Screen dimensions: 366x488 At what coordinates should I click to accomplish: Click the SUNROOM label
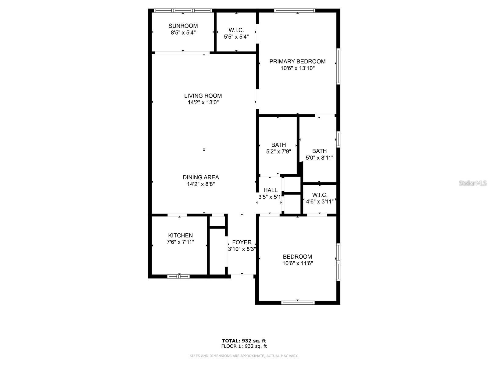[x=183, y=26]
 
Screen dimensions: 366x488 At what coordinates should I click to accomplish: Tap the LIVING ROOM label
[x=203, y=96]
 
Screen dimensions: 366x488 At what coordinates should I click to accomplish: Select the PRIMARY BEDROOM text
[x=297, y=61]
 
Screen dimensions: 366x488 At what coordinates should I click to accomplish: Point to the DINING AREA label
[x=201, y=177]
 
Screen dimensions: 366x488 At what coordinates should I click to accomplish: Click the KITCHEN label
[x=180, y=235]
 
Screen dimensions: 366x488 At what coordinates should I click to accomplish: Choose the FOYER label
[x=242, y=242]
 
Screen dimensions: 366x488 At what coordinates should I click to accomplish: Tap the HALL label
[x=271, y=190]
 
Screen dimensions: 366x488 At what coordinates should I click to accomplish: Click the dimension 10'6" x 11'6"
[x=297, y=264]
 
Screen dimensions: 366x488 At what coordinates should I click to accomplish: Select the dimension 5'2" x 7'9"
[x=278, y=152]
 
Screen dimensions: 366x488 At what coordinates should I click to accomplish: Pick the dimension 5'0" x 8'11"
[x=319, y=158]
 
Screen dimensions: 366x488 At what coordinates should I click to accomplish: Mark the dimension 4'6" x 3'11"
[x=320, y=202]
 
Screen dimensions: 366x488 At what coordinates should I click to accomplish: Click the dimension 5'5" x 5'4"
[x=236, y=37]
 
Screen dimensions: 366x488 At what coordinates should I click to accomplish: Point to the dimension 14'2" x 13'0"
[x=203, y=103]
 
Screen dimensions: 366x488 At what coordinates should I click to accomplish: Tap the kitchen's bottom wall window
[x=178, y=276]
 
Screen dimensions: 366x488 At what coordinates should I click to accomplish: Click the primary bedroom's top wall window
[x=294, y=11]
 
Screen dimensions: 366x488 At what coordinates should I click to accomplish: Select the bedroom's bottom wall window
[x=298, y=303]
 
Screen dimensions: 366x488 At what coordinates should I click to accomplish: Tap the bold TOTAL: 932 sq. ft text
[x=244, y=341]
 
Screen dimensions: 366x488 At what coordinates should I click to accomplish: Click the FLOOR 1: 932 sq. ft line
[x=244, y=346]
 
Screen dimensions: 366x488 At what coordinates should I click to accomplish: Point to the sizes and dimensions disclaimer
[x=244, y=356]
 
